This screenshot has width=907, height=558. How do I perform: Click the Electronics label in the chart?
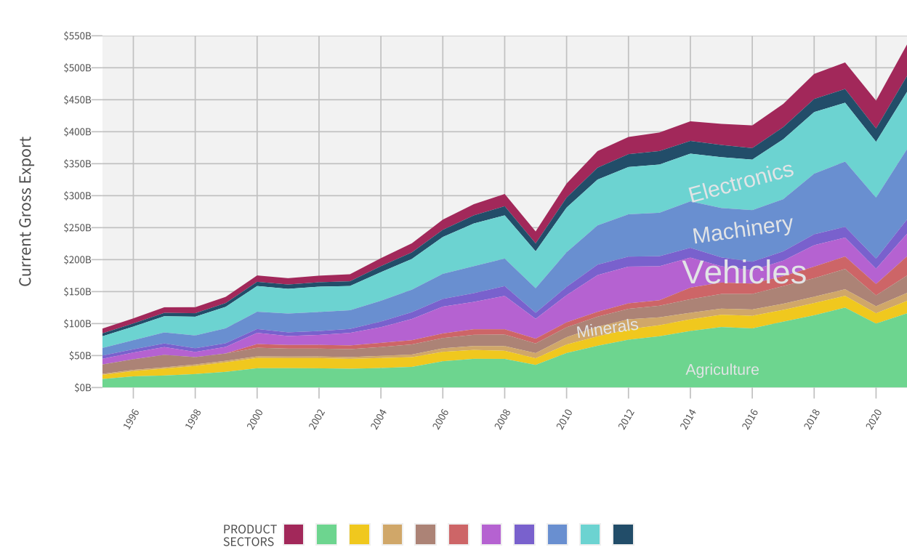click(741, 182)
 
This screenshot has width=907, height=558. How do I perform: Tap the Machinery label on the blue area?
click(742, 230)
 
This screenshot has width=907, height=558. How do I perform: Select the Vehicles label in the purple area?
click(744, 272)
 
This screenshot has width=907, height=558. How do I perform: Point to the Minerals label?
click(607, 328)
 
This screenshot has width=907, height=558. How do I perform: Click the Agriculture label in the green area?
click(722, 370)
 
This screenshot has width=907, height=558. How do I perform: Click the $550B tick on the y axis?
click(78, 36)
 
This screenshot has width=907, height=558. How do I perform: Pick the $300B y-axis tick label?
click(78, 195)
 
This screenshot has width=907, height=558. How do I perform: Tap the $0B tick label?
click(83, 387)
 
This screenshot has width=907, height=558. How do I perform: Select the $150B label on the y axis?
click(78, 291)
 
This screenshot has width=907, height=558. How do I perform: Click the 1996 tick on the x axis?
click(131, 418)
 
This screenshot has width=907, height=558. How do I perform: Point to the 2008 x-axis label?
click(502, 418)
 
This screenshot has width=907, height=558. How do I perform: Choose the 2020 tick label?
click(874, 418)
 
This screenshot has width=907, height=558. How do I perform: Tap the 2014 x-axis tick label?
click(688, 418)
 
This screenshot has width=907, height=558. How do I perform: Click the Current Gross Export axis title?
click(25, 211)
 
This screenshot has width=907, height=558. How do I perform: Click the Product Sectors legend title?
click(249, 535)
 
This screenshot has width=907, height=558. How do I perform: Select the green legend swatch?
click(326, 535)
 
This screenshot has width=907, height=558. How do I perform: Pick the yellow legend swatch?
click(359, 535)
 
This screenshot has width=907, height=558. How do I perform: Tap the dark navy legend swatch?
click(623, 535)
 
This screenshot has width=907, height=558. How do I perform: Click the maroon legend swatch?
click(294, 535)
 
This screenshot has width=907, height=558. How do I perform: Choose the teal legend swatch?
click(590, 535)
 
